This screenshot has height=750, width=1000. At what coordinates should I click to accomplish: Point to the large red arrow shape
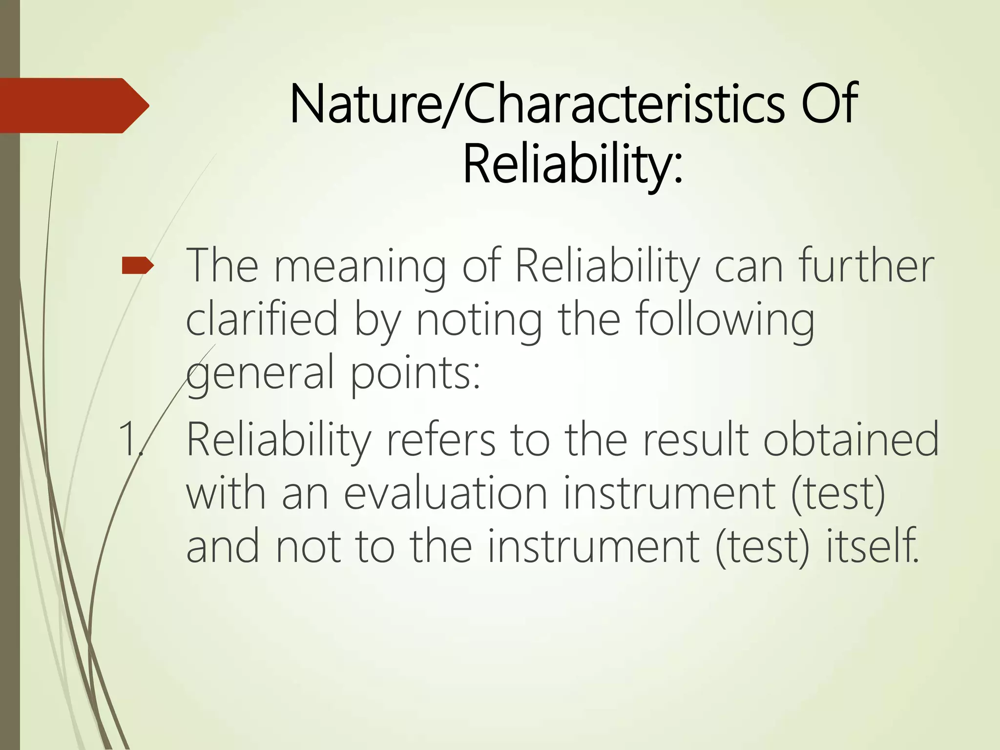(73, 105)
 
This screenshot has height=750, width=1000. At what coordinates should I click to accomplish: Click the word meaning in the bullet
(360, 268)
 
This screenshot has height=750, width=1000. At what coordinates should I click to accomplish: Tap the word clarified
(262, 320)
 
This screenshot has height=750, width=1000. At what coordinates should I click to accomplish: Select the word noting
(479, 320)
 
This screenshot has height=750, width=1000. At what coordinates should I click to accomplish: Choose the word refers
(440, 439)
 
